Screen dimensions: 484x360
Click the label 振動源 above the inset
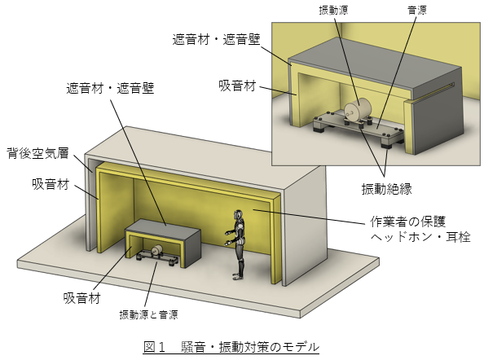(x=333, y=10)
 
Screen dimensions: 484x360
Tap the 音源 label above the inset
(x=417, y=10)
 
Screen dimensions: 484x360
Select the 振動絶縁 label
(x=386, y=188)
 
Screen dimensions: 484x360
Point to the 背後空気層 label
(x=37, y=152)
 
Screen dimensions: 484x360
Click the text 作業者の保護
(x=407, y=222)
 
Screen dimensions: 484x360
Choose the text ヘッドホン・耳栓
(x=420, y=237)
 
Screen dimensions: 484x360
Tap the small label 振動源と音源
(x=148, y=314)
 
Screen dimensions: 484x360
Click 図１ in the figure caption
(x=154, y=347)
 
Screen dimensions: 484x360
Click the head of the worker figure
(x=238, y=214)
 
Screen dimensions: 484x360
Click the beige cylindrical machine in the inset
(x=358, y=109)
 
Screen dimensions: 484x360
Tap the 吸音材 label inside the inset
(x=237, y=86)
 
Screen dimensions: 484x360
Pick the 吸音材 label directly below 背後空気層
(x=51, y=184)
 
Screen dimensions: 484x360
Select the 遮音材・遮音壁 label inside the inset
(x=216, y=39)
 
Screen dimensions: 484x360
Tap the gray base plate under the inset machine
(x=358, y=127)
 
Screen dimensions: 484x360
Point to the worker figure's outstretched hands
(x=228, y=238)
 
